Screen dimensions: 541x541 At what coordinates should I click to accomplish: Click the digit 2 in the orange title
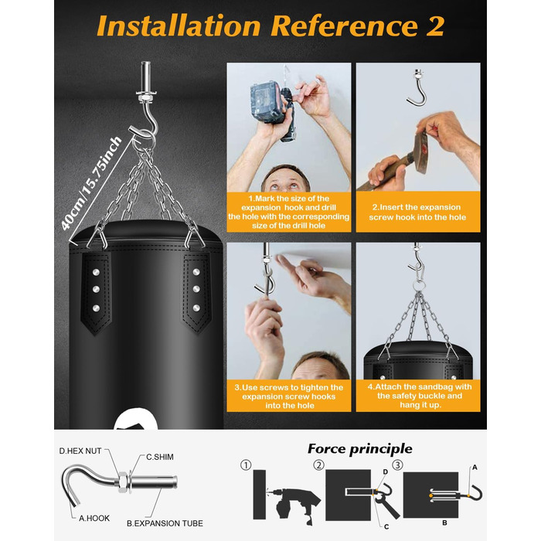[434, 26]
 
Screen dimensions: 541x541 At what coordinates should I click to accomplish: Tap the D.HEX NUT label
[80, 451]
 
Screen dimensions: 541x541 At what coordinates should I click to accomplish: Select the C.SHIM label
[160, 457]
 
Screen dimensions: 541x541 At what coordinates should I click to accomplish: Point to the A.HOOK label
[94, 518]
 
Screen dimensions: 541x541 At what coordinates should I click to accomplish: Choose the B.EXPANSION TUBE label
[165, 523]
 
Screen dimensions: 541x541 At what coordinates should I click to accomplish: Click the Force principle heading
[360, 449]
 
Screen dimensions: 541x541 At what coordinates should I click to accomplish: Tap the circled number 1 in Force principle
[246, 465]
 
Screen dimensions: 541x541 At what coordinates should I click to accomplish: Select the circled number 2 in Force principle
[318, 465]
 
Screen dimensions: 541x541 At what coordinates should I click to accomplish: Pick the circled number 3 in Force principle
[397, 465]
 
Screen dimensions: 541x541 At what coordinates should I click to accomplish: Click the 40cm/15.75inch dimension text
[91, 184]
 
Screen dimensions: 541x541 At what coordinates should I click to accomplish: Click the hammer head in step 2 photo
[421, 152]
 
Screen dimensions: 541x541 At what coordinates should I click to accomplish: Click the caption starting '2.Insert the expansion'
[417, 212]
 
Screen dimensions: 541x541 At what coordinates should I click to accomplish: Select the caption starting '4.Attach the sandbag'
[420, 396]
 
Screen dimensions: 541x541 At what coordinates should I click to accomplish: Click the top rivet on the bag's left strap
[97, 272]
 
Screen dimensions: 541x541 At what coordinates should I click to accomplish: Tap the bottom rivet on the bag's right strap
[196, 308]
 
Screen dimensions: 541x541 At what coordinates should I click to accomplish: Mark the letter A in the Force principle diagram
[475, 468]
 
